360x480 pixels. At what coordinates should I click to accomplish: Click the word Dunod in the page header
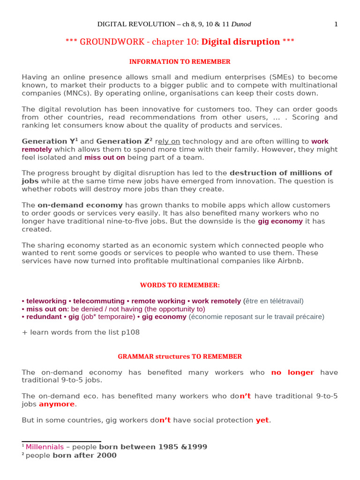tap(234, 24)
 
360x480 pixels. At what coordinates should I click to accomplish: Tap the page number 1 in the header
tap(336, 24)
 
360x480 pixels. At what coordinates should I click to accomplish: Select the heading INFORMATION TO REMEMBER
tap(180, 61)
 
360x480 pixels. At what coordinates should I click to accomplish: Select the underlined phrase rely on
tap(168, 142)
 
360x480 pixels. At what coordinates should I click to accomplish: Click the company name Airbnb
tap(291, 261)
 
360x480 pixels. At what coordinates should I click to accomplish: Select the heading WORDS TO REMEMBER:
tap(180, 285)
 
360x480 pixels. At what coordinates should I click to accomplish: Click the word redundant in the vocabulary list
tap(42, 317)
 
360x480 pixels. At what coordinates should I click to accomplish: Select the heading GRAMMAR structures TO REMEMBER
tap(180, 356)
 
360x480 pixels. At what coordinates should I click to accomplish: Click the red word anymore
tap(57, 404)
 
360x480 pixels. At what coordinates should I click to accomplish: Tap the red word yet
tap(262, 420)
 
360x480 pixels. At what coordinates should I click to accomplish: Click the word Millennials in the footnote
tap(44, 447)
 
